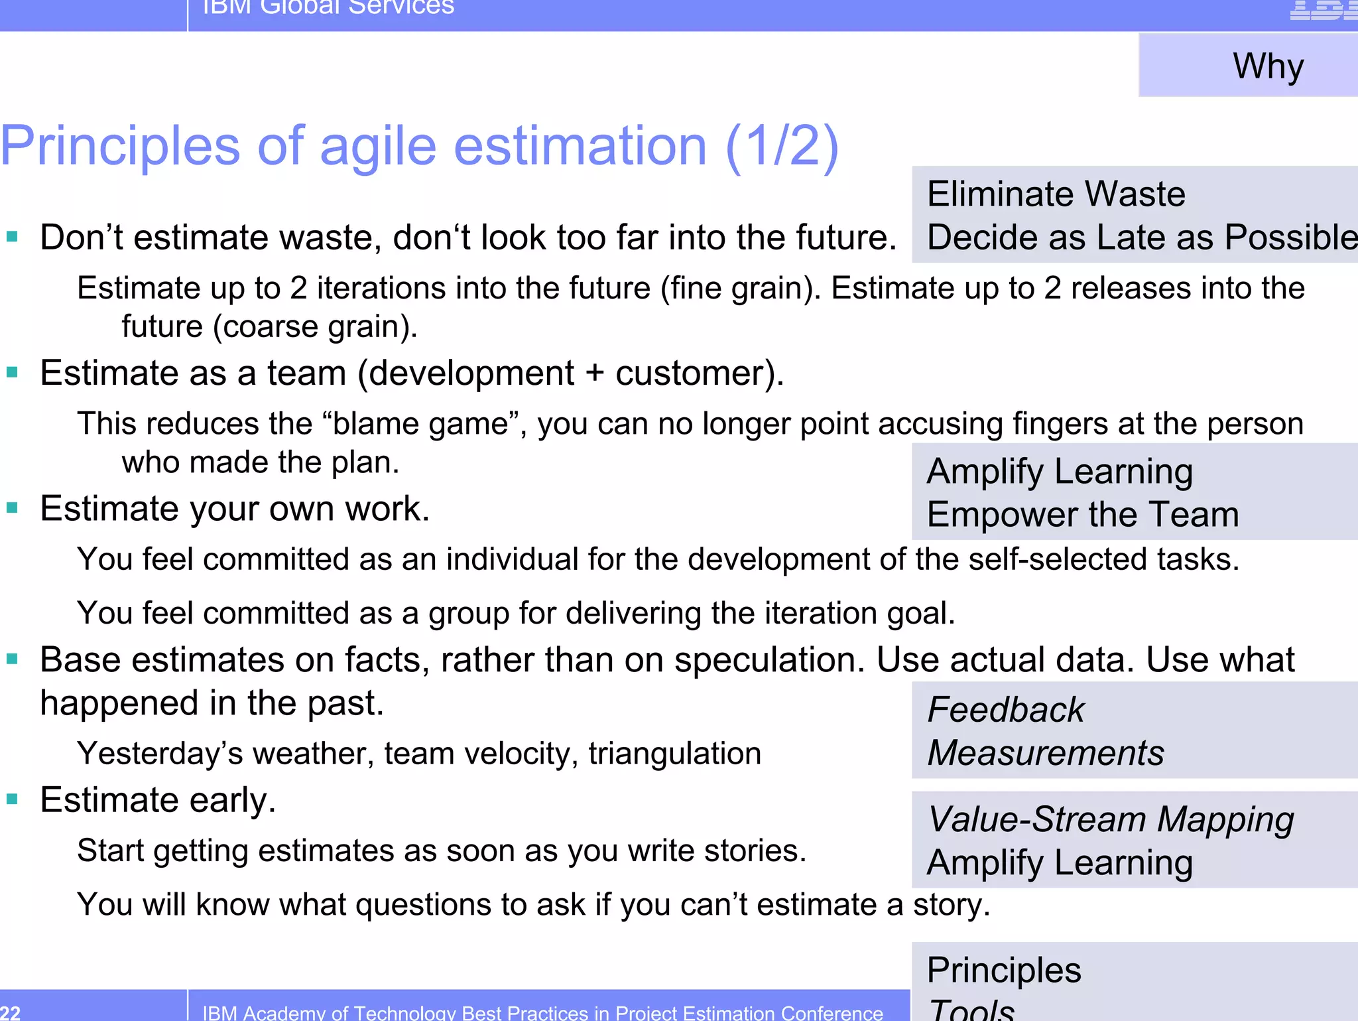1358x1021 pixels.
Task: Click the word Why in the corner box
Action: tap(1268, 66)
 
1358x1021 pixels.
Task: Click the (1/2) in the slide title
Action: tap(782, 146)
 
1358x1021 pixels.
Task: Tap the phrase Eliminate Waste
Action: tap(1056, 194)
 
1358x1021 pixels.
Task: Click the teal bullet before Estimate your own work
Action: tap(12, 508)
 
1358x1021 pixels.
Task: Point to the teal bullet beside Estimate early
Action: tap(12, 799)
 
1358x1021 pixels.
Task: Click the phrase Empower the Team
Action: tap(1082, 514)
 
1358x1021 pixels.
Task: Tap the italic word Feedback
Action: tap(1005, 710)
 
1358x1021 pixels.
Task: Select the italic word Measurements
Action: tap(1045, 753)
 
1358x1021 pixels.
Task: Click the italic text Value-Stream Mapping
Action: tap(1111, 819)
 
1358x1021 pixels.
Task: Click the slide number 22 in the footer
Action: tap(11, 1012)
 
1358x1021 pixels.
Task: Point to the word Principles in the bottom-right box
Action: tap(1004, 970)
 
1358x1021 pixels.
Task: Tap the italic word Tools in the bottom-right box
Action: tap(971, 1010)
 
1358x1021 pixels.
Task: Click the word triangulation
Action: tap(674, 754)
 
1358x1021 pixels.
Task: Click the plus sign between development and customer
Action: tap(595, 374)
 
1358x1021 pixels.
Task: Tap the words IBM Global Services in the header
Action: tap(328, 7)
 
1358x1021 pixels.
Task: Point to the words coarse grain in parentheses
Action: tap(314, 327)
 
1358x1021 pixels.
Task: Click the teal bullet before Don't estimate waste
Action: tap(12, 236)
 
